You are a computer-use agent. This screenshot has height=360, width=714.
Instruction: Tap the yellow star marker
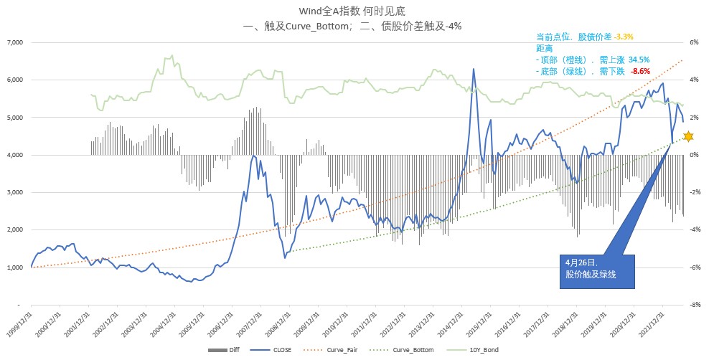(x=688, y=136)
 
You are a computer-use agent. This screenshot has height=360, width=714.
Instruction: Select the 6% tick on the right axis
(x=695, y=42)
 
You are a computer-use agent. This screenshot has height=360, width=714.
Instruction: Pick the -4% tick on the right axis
(x=695, y=230)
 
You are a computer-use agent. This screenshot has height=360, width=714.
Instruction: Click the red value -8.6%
(x=639, y=71)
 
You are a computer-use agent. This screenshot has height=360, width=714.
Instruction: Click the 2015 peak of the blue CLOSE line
(x=474, y=70)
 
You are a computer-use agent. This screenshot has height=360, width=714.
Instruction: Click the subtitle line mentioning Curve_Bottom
(x=352, y=26)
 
